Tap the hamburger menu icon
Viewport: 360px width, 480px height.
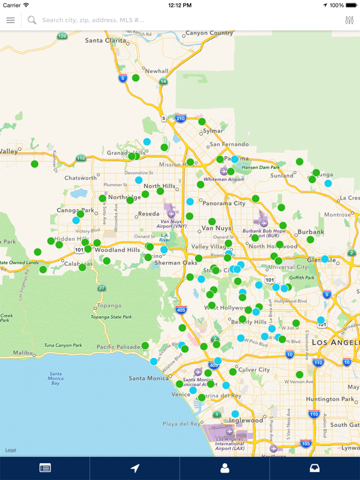click(x=11, y=20)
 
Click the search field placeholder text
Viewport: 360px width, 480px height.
click(x=93, y=20)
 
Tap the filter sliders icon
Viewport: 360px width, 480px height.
click(x=349, y=20)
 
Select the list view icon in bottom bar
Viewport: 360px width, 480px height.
click(x=45, y=467)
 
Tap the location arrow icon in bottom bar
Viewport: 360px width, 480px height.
click(x=135, y=467)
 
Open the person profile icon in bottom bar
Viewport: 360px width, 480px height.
click(x=225, y=467)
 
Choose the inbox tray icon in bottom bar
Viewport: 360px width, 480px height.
click(x=315, y=467)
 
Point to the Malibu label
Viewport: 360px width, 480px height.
click(x=22, y=353)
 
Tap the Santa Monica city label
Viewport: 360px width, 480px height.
click(x=148, y=378)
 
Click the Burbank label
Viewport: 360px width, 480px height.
click(x=311, y=232)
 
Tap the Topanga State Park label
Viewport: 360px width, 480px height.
click(x=111, y=317)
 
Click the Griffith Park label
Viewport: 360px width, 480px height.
click(x=302, y=277)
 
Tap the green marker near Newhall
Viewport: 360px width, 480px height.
click(x=136, y=78)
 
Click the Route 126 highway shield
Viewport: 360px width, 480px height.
click(x=62, y=36)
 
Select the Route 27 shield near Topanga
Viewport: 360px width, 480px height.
click(x=102, y=288)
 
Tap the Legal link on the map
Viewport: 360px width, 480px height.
click(x=11, y=450)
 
